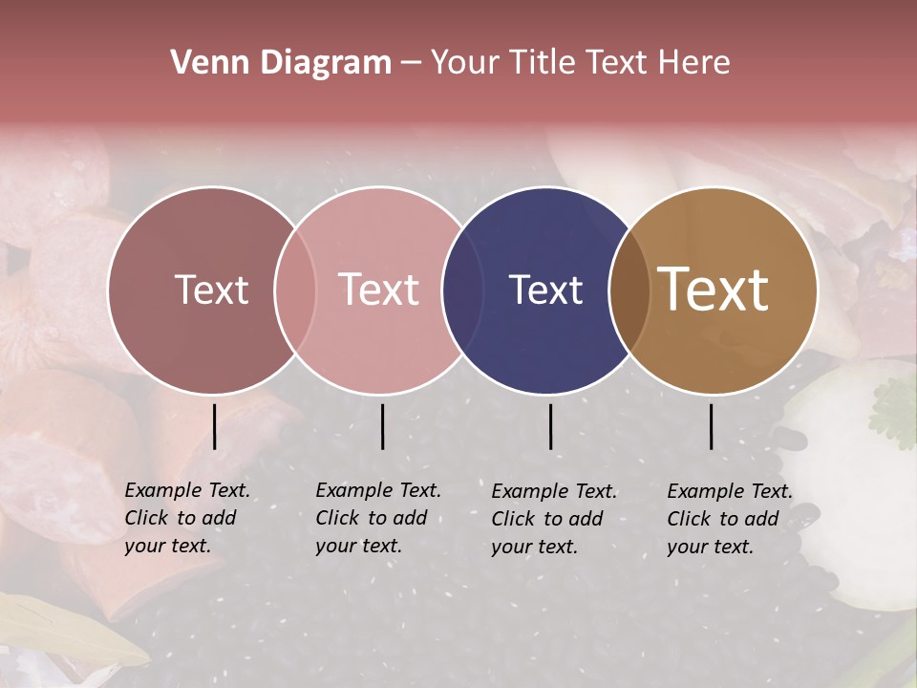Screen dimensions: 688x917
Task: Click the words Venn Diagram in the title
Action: point(281,63)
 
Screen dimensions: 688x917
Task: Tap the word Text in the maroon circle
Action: point(211,290)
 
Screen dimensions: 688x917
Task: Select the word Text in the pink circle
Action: point(379,290)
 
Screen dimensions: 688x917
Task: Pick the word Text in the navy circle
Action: point(545,290)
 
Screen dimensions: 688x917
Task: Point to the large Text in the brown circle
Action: point(714,290)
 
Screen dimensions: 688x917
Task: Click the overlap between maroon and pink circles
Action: point(295,290)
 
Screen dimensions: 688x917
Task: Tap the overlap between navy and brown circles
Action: point(629,290)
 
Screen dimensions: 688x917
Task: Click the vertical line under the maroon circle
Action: point(215,426)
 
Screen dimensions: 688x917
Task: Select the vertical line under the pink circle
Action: point(382,426)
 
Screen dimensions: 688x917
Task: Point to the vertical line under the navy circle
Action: point(551,426)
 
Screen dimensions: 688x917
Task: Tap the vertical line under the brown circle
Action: point(711,426)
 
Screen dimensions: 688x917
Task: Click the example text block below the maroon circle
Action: point(187,518)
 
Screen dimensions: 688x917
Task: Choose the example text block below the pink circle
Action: point(378,518)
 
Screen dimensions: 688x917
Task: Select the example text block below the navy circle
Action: point(554,519)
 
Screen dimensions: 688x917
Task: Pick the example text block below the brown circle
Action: point(730,519)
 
